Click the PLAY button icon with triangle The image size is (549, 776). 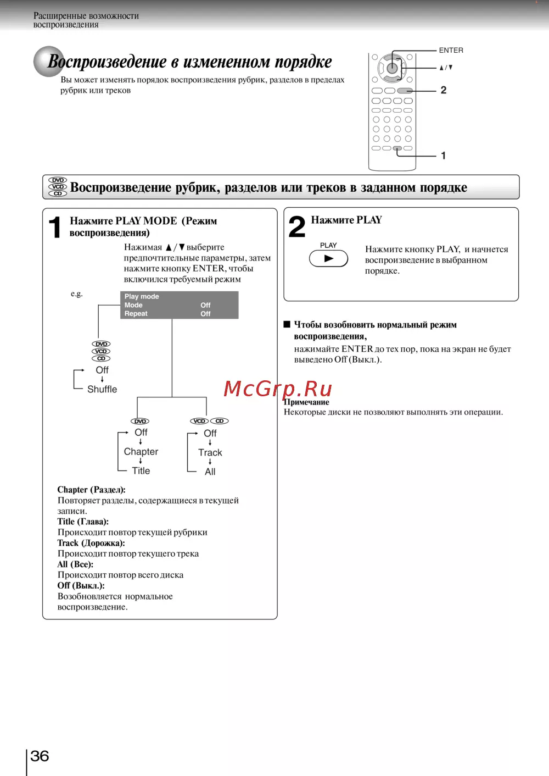[328, 258]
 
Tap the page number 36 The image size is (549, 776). [40, 756]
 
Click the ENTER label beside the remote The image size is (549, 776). [451, 50]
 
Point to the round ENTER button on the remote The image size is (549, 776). [392, 68]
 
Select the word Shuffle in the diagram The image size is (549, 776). [102, 389]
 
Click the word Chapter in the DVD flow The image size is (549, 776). [141, 452]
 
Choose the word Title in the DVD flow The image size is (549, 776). [141, 471]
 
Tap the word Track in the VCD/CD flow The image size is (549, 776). [210, 453]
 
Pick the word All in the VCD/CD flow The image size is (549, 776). [210, 472]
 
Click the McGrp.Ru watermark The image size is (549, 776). [278, 389]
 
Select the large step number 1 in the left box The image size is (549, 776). [55, 227]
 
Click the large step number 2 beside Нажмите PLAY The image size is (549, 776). [297, 226]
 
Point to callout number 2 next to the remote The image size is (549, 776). [444, 90]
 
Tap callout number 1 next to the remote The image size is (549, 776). [444, 156]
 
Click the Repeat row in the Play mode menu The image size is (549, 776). [136, 314]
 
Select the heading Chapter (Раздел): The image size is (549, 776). [91, 490]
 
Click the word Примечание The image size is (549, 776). [306, 402]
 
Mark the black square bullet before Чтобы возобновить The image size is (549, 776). [287, 324]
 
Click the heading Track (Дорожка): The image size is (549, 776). [91, 543]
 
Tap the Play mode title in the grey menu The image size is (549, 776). [142, 296]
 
